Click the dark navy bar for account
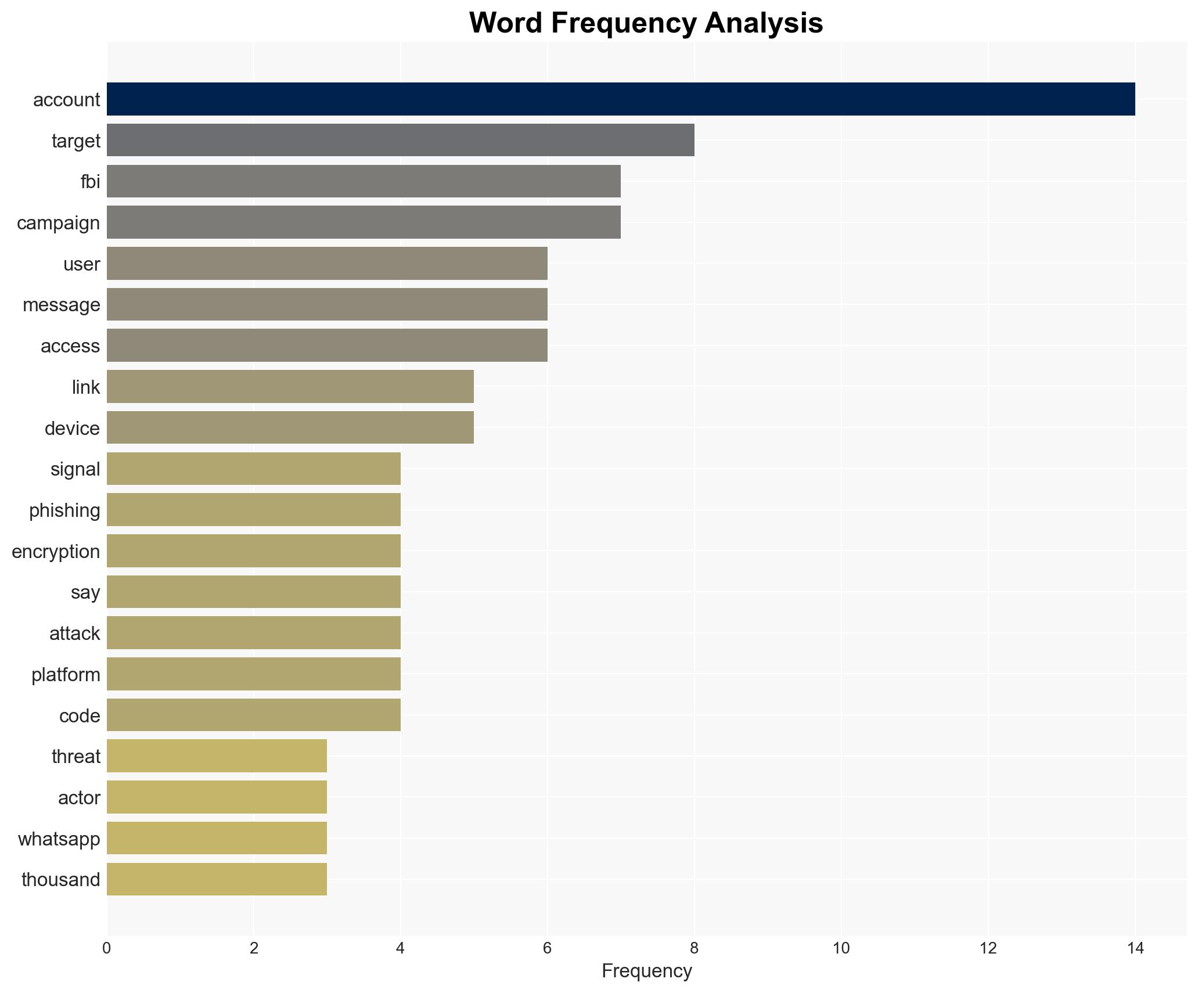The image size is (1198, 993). (x=620, y=99)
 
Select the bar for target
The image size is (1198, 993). (x=400, y=140)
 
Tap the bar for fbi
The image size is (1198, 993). (x=364, y=181)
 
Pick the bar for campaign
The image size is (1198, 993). (x=364, y=222)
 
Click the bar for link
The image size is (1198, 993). (x=290, y=387)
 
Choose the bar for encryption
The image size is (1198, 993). (x=253, y=551)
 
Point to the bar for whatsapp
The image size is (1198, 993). (x=217, y=838)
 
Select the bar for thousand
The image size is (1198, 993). (x=217, y=879)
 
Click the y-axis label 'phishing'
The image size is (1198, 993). (x=64, y=510)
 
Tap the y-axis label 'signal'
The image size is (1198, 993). (x=75, y=469)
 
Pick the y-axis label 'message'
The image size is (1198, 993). (x=61, y=305)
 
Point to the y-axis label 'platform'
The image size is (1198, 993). (x=66, y=675)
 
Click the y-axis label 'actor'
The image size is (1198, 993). (x=79, y=798)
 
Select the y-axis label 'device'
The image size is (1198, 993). (x=72, y=429)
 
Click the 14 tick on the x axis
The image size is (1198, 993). (x=1135, y=948)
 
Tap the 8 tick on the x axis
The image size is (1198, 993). (x=694, y=948)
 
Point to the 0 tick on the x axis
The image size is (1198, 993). (x=107, y=948)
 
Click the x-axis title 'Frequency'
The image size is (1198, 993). (x=646, y=971)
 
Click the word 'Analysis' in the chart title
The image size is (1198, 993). (x=764, y=23)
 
